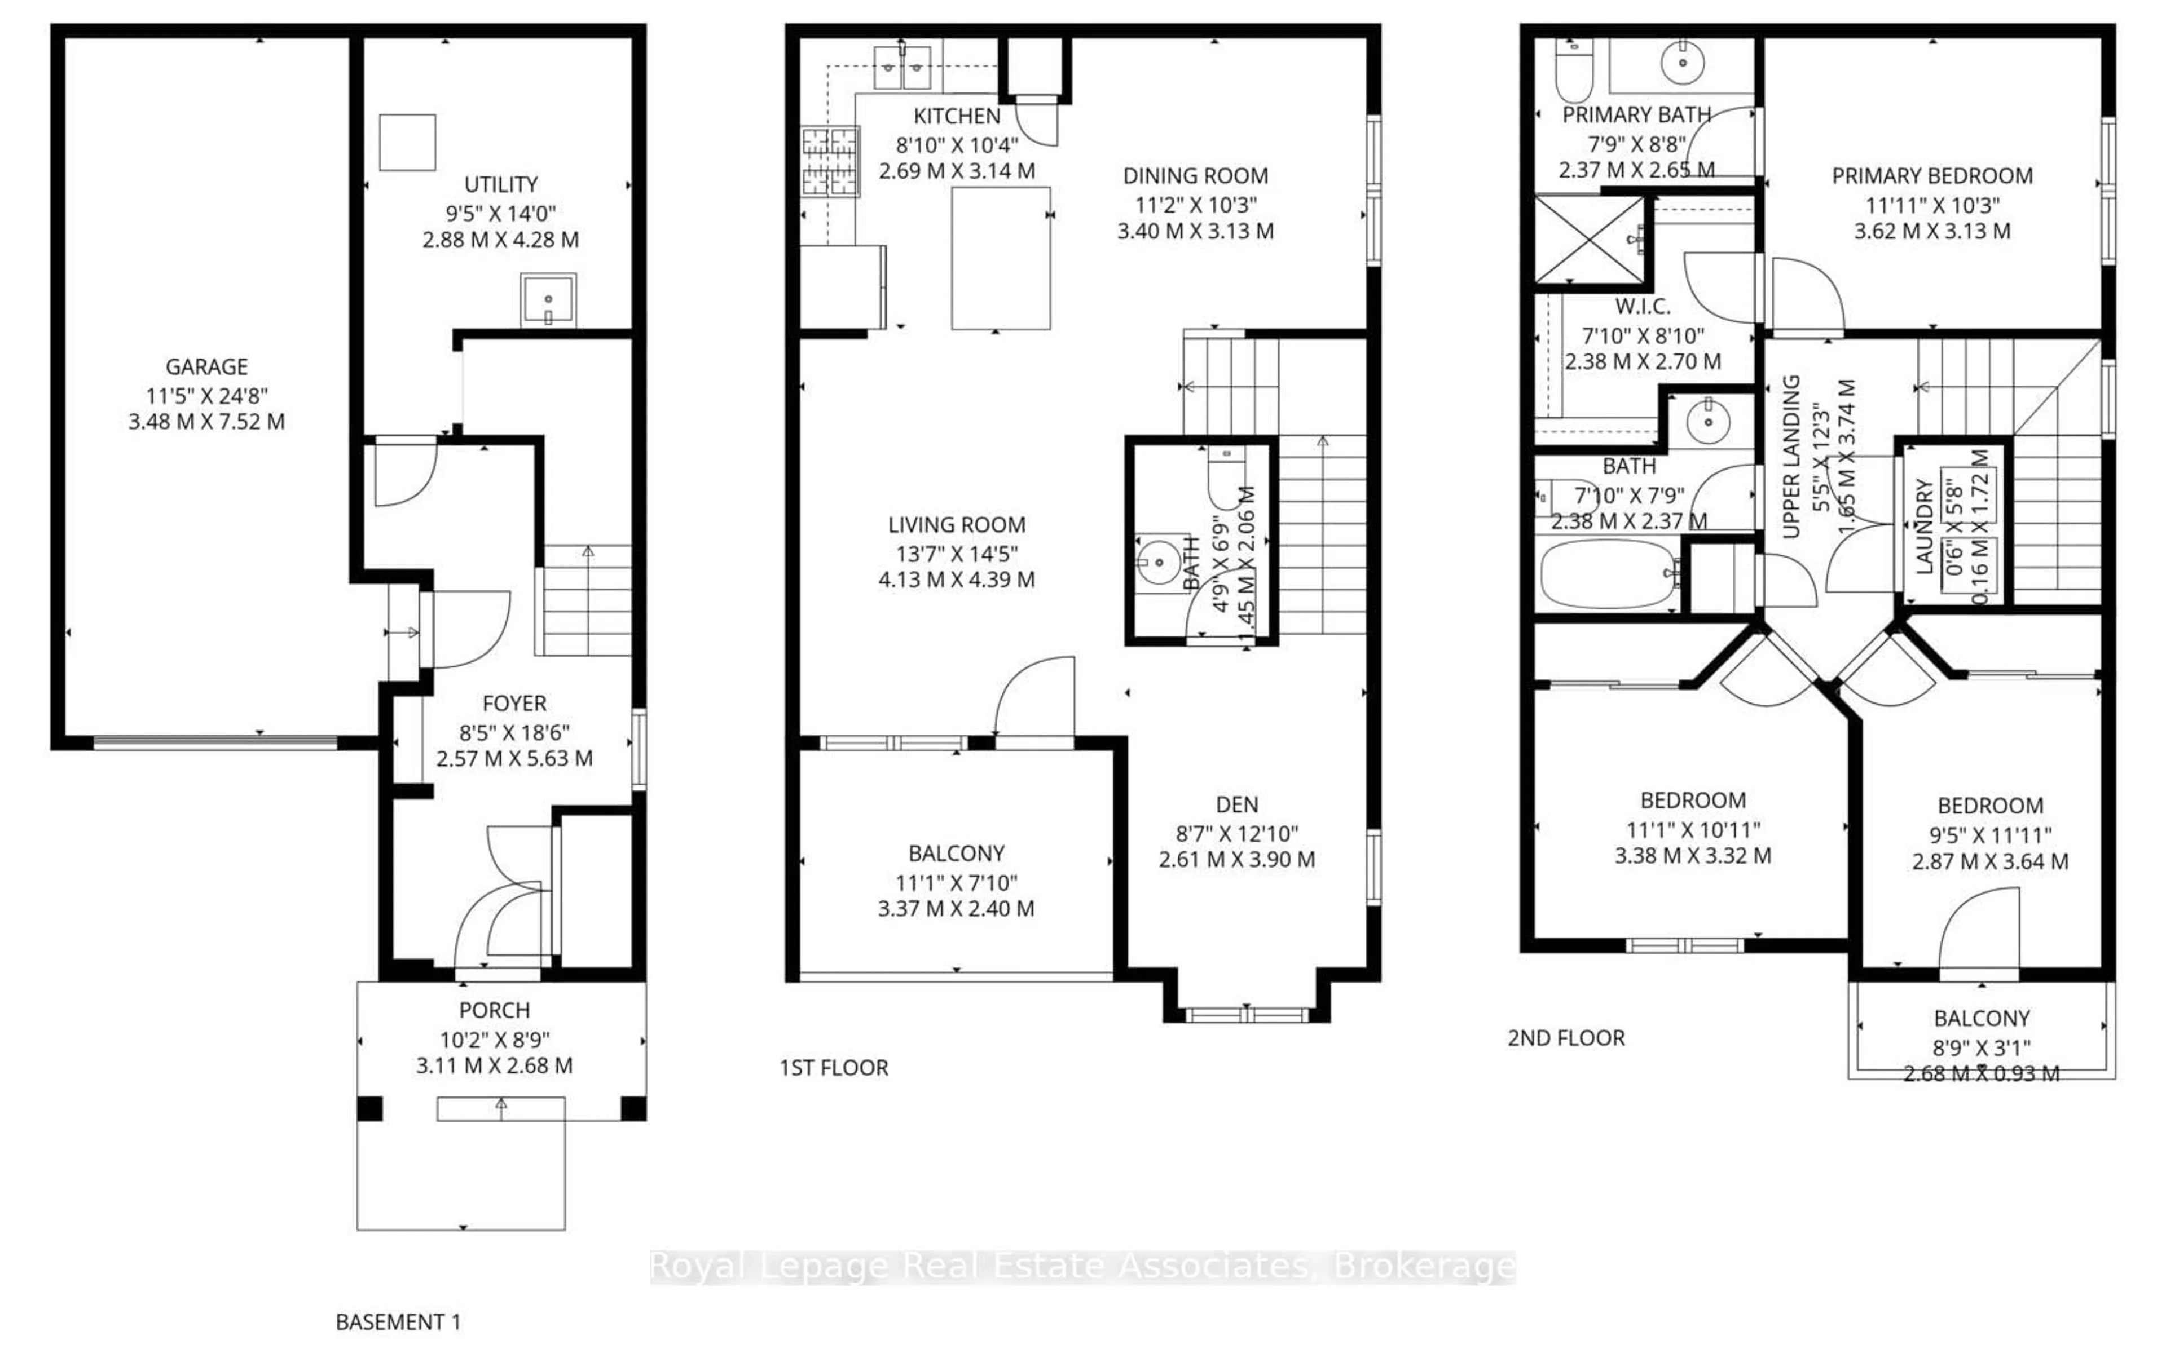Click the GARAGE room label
pos(207,367)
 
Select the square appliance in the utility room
pos(407,142)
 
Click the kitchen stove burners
pos(830,162)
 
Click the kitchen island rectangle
pos(1001,259)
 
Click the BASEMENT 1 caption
pos(398,1321)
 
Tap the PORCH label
pos(494,1010)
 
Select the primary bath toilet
pos(1574,72)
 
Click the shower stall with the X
pos(1590,240)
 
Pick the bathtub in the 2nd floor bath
pos(1608,573)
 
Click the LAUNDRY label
pos(1925,526)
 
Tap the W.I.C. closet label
pos(1643,307)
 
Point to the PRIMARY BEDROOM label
pos(1931,176)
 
